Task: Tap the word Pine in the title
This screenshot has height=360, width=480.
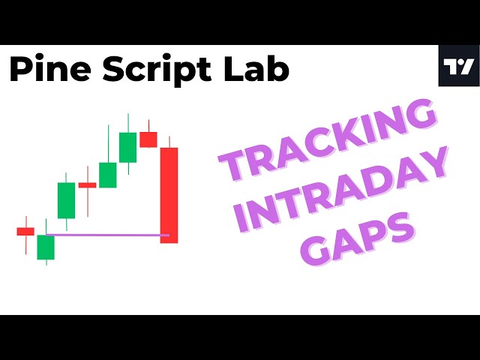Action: tap(44, 69)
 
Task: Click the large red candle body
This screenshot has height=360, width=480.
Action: tap(169, 195)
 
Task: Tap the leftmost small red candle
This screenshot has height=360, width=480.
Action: tap(25, 231)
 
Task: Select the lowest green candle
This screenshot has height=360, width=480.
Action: tap(46, 247)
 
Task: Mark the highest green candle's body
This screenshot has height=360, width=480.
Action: tap(127, 147)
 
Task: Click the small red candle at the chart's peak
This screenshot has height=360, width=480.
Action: tap(148, 139)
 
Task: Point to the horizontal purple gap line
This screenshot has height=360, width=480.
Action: tap(105, 235)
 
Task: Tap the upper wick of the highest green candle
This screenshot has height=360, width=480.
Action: tap(127, 123)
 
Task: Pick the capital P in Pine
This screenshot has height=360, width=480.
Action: tap(20, 69)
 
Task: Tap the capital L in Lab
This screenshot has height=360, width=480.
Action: tap(223, 69)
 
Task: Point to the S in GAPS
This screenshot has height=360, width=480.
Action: tap(399, 227)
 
